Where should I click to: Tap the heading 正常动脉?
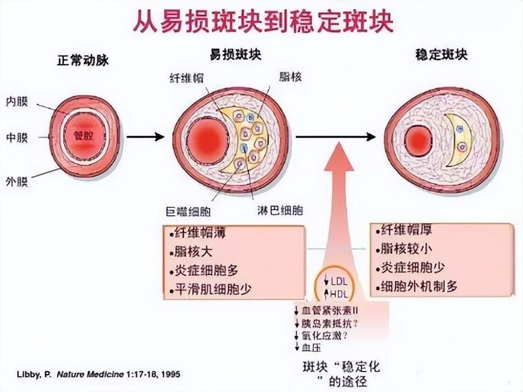click(83, 61)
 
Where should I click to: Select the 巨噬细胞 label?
click(188, 211)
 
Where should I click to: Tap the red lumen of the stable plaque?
click(419, 140)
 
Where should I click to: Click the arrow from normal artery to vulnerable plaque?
click(145, 137)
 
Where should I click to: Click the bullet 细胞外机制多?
click(418, 286)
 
